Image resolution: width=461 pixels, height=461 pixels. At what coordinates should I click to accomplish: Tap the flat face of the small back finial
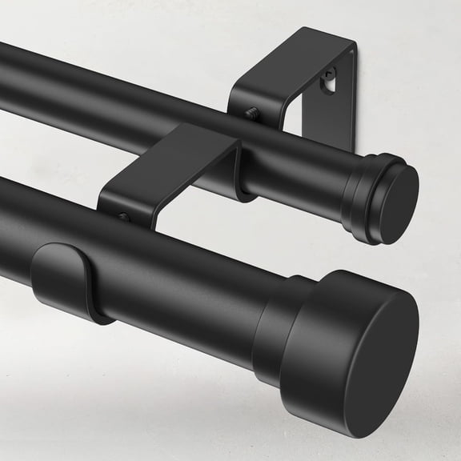pos(399,204)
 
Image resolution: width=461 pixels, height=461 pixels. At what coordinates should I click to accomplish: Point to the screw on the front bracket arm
pos(122,216)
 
